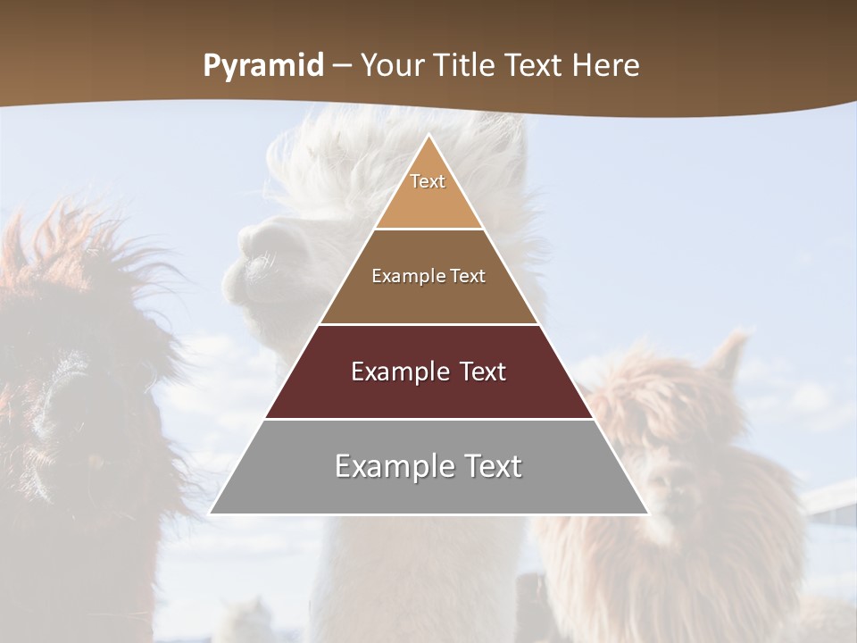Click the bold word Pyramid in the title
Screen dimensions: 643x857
pos(263,66)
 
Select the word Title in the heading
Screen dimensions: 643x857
pos(470,65)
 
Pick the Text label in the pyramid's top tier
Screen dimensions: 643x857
pos(428,181)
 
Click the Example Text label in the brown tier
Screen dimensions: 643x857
pos(428,276)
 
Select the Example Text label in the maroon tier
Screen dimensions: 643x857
pos(428,372)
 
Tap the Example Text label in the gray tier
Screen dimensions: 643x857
pos(428,466)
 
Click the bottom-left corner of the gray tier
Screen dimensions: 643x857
pos(212,513)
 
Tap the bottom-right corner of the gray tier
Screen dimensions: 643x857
pos(647,513)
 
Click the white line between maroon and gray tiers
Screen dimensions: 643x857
pos(428,419)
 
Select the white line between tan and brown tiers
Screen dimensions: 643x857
pos(428,230)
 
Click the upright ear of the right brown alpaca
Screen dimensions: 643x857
pos(734,352)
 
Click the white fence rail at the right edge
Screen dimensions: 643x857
pos(835,496)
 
